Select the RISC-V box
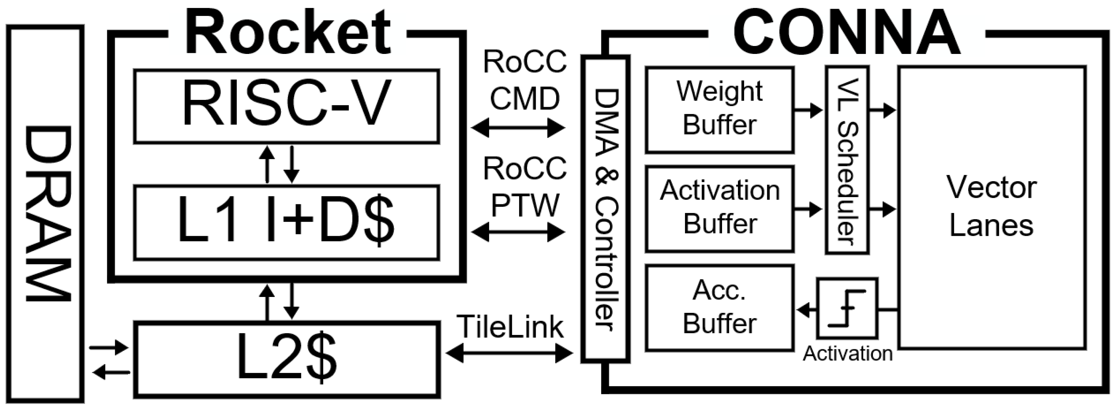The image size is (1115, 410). (287, 106)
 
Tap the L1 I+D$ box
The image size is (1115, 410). (287, 222)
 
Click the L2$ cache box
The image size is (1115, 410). (287, 359)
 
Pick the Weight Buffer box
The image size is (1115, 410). (719, 110)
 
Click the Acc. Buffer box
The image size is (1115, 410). (719, 308)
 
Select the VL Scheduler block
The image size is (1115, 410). (847, 160)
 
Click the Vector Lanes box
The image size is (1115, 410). (991, 207)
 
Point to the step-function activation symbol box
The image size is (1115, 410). (847, 308)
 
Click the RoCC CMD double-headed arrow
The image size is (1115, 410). (518, 128)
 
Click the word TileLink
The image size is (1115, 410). (510, 327)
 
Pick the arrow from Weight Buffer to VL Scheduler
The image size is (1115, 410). (808, 110)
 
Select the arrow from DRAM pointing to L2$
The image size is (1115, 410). (108, 347)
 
